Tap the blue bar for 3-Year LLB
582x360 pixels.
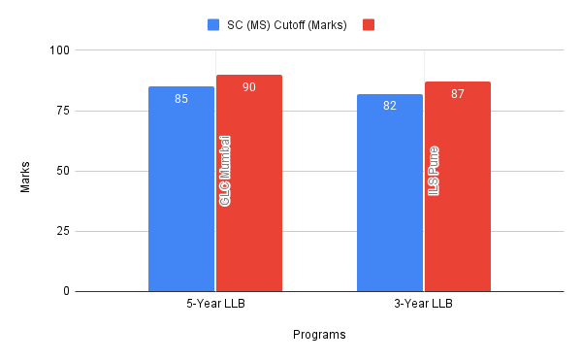(390, 193)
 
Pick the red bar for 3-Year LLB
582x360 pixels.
(458, 233)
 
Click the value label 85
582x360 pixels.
(181, 99)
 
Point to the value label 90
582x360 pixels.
(249, 87)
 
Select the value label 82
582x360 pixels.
(390, 106)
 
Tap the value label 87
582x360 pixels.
(458, 94)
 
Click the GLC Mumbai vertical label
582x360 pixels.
(225, 170)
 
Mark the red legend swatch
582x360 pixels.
(368, 24)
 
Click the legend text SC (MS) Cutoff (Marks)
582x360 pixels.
(288, 24)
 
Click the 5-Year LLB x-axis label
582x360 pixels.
(215, 304)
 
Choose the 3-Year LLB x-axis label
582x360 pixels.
(424, 304)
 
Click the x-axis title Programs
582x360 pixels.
(319, 335)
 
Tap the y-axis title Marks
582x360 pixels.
(25, 171)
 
